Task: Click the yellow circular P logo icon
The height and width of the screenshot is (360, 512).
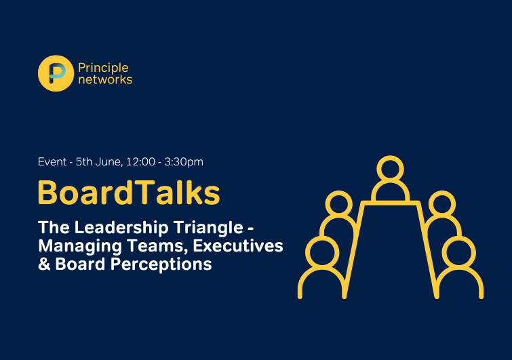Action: tap(56, 73)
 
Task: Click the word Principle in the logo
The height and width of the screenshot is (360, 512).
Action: tap(103, 68)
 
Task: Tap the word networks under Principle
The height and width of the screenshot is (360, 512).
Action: tap(105, 79)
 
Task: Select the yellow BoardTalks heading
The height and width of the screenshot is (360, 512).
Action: tap(129, 193)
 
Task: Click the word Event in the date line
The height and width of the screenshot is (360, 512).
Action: tap(52, 161)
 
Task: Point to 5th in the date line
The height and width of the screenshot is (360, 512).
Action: tap(84, 161)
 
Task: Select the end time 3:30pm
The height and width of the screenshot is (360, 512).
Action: tap(184, 162)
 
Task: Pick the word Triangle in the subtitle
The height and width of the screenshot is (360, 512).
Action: tap(208, 228)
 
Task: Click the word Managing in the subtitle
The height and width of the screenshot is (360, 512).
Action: tap(80, 246)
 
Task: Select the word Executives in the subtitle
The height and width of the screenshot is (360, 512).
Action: tap(238, 246)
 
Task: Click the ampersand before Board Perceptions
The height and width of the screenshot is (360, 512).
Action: tap(44, 264)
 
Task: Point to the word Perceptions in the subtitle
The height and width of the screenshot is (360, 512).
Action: tap(161, 264)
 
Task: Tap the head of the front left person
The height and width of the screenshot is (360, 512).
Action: tap(322, 253)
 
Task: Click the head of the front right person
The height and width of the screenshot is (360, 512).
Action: tap(459, 253)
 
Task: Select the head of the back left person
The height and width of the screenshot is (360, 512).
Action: tap(339, 204)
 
